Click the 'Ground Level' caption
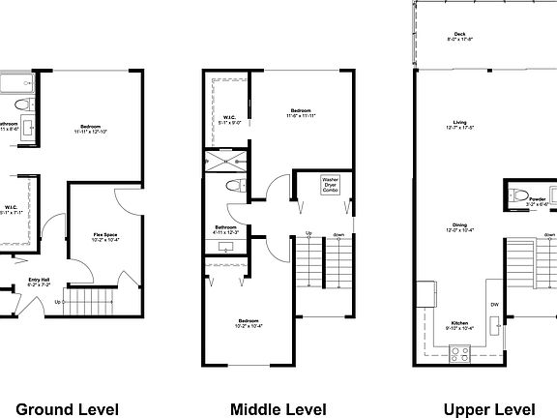(x=68, y=408)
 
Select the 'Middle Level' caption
(x=278, y=408)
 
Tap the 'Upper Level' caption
(x=489, y=408)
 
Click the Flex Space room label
(x=106, y=236)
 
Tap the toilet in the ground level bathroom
(x=27, y=104)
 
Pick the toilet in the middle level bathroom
(x=233, y=185)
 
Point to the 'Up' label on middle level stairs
(x=308, y=233)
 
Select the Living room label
(x=460, y=125)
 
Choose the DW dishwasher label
(x=493, y=304)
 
